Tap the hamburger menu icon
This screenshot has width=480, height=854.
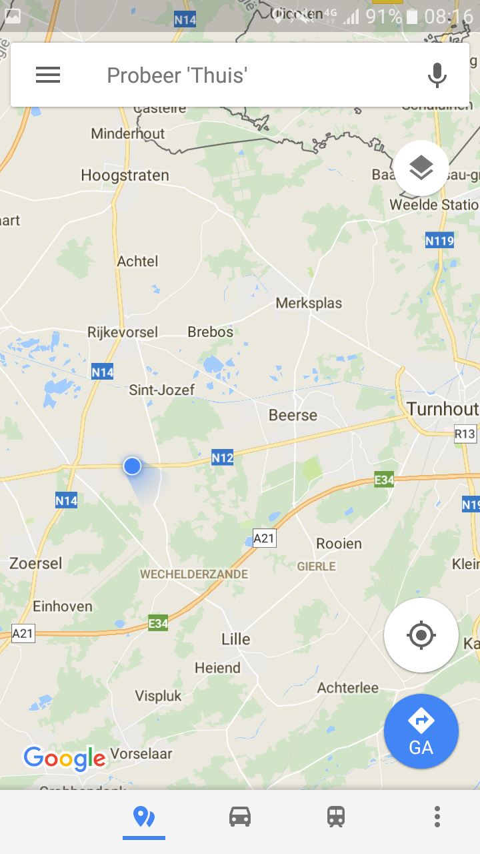[x=48, y=75]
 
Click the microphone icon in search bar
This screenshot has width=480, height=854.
[x=437, y=75]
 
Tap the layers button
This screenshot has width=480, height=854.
[x=421, y=168]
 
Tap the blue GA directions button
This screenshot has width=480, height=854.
[x=421, y=731]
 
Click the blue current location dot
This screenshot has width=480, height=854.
[x=132, y=466]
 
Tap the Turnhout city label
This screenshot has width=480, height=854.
[x=442, y=408]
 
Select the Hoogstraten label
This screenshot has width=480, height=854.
[x=125, y=175]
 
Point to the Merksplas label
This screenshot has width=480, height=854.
[x=309, y=303]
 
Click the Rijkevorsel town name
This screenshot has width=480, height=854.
[x=123, y=332]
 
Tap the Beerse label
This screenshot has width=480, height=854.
[x=293, y=415]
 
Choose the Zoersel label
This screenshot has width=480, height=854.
[x=35, y=564]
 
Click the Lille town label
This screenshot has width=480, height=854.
[x=236, y=639]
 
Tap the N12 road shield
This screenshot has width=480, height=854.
[x=223, y=458]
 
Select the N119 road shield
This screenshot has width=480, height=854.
[x=439, y=240]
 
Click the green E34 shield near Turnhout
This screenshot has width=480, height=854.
[x=384, y=480]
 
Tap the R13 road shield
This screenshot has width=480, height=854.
[x=465, y=434]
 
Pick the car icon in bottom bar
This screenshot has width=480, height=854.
[x=240, y=816]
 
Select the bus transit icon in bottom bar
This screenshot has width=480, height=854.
[x=336, y=816]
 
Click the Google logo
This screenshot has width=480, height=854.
[x=65, y=758]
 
